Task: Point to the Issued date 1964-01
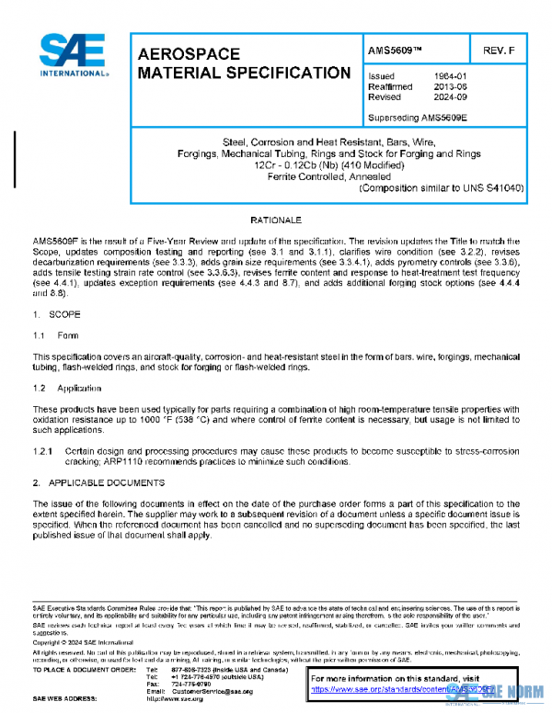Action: tap(449, 76)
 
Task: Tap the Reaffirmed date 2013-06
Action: tap(449, 86)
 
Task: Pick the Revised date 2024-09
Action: tap(449, 96)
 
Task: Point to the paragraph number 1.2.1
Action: tap(45, 451)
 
